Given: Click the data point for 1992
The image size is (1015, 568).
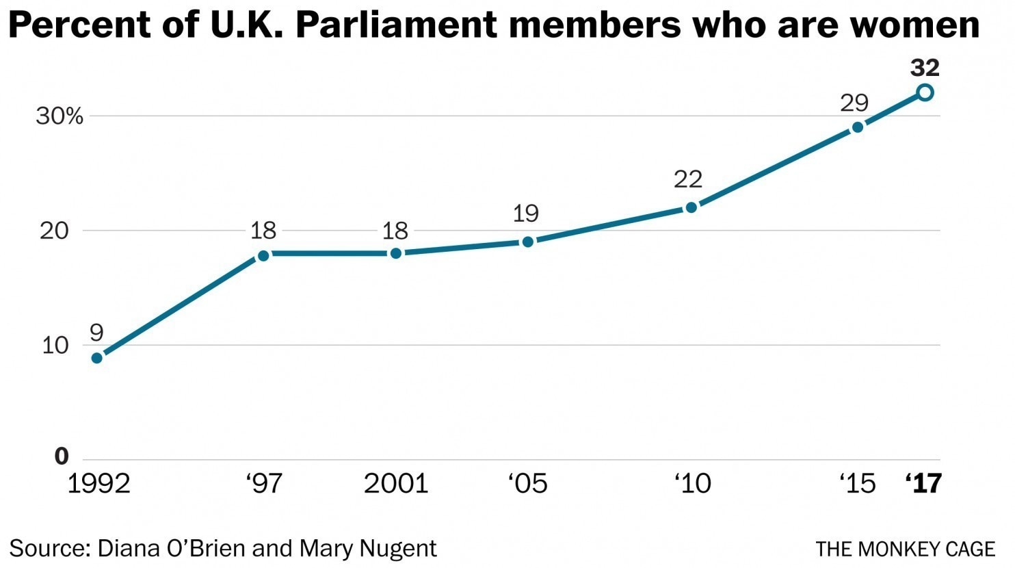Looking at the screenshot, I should (x=97, y=357).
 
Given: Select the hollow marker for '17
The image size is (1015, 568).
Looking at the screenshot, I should (x=925, y=92).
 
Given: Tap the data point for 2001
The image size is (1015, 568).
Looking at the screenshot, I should (x=395, y=253).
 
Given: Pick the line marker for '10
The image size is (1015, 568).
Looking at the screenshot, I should (x=691, y=207).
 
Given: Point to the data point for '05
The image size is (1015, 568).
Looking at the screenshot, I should (x=527, y=242).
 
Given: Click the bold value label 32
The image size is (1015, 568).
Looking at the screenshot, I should (x=925, y=68).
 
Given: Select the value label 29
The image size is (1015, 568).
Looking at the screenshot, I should (x=854, y=103).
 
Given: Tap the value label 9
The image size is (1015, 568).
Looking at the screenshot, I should (x=96, y=333).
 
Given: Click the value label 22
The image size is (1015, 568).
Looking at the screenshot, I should (x=688, y=179).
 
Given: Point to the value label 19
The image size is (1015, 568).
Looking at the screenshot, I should (x=525, y=214).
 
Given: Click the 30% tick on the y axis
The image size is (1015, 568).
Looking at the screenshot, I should (x=60, y=116).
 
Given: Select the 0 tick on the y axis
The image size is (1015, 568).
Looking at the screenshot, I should (x=62, y=456).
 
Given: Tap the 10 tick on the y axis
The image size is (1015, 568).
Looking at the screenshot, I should (x=55, y=345).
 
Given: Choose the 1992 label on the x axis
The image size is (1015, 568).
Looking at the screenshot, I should (x=98, y=483).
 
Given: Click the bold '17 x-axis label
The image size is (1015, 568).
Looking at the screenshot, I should (x=923, y=483).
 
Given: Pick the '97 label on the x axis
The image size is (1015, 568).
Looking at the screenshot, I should (x=264, y=483).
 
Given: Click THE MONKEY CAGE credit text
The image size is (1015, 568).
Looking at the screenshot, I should (x=905, y=549).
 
